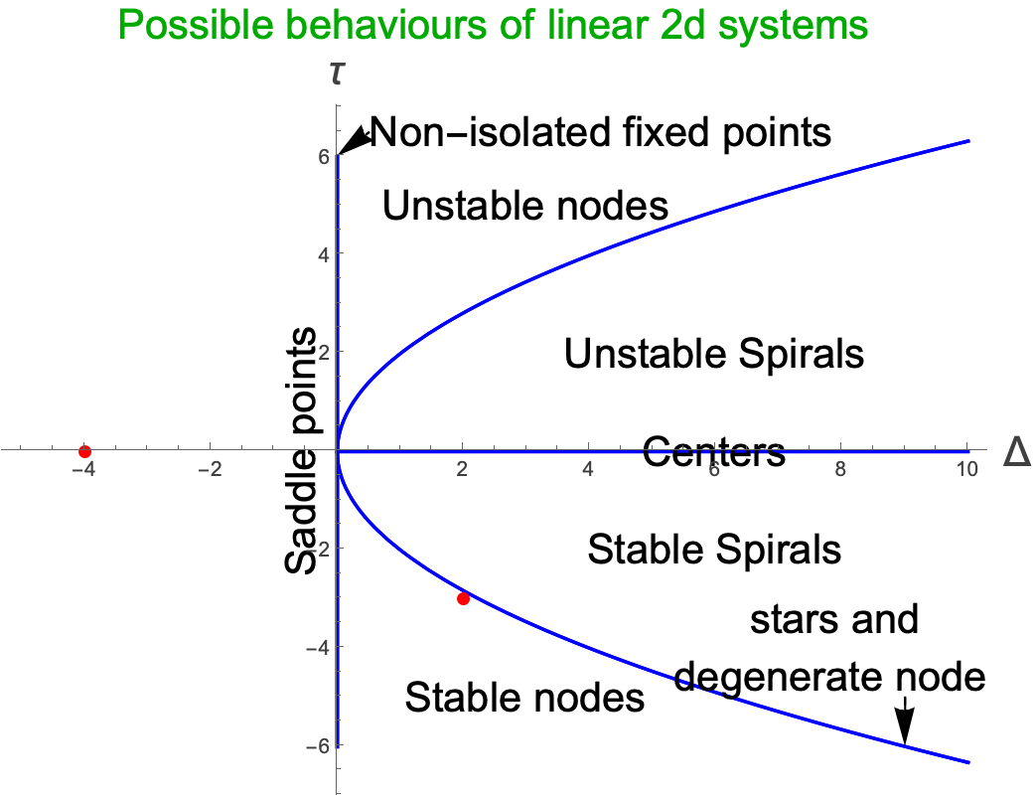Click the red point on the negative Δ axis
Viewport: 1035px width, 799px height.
pyautogui.click(x=84, y=452)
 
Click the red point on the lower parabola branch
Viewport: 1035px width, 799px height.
pyautogui.click(x=463, y=598)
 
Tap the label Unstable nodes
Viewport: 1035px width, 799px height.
pyautogui.click(x=524, y=206)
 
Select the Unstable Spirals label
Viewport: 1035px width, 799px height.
pyautogui.click(x=714, y=354)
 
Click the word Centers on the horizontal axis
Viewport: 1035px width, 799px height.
pyautogui.click(x=714, y=452)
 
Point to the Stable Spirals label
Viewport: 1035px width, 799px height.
pyautogui.click(x=714, y=549)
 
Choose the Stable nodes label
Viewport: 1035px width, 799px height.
pyautogui.click(x=524, y=698)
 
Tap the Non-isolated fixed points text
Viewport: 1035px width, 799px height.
pyautogui.click(x=600, y=130)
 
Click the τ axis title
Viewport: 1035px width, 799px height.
pyautogui.click(x=338, y=73)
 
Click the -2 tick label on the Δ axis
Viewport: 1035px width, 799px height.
pyautogui.click(x=210, y=468)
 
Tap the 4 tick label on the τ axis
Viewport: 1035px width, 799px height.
pyautogui.click(x=324, y=253)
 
